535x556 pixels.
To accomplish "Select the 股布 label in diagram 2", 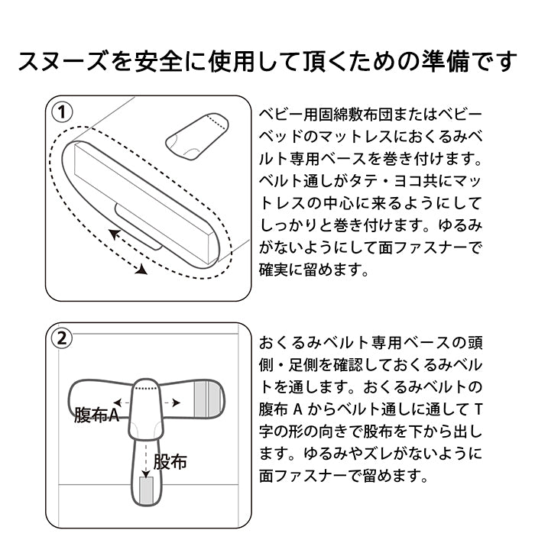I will coord(170,461).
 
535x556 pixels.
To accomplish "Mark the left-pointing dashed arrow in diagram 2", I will coord(118,402).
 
